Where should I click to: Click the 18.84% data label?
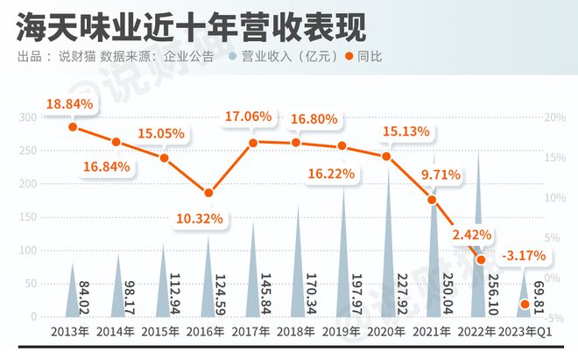click(68, 104)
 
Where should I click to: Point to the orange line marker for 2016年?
click(208, 194)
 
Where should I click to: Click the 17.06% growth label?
click(248, 116)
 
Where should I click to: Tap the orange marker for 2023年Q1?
click(525, 305)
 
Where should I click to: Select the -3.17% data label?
click(523, 256)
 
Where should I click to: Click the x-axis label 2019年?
click(342, 332)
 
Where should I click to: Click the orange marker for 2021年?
click(432, 201)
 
